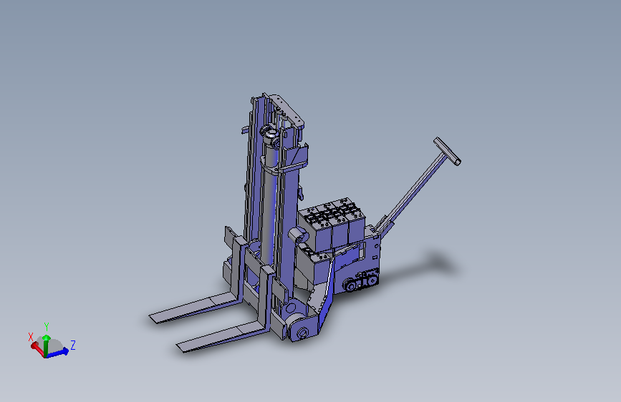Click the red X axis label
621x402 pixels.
[31, 337]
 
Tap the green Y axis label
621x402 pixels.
[47, 327]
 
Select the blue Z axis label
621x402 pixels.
[73, 345]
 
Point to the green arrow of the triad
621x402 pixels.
[46, 345]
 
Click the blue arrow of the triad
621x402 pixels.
[57, 352]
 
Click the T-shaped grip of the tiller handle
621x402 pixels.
[447, 151]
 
